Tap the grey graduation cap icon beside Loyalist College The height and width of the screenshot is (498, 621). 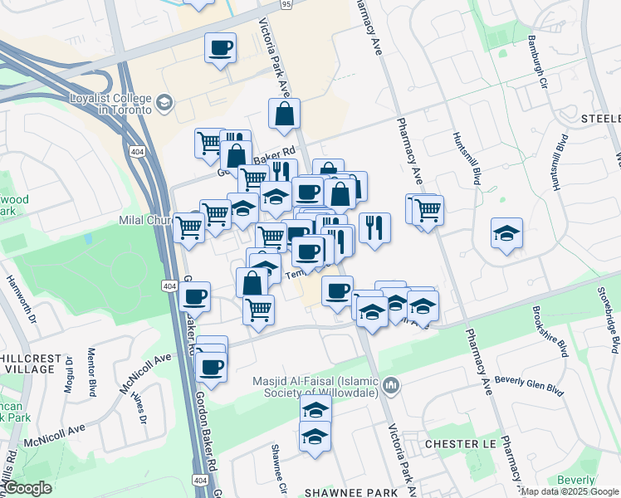(x=164, y=103)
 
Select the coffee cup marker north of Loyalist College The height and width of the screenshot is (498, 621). (x=220, y=48)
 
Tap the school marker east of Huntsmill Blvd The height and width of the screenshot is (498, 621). (x=506, y=234)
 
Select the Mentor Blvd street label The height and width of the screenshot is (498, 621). (x=92, y=370)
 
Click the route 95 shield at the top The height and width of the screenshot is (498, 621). (x=286, y=4)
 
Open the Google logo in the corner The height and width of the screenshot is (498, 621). (x=27, y=488)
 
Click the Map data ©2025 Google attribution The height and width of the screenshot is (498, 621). (x=570, y=491)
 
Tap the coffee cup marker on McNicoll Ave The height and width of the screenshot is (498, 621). (x=212, y=366)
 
